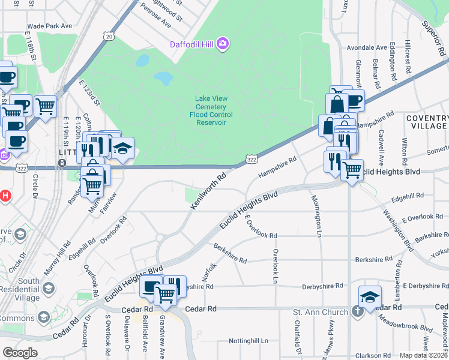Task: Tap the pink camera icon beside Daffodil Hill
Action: point(223,43)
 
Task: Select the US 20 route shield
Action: point(108,37)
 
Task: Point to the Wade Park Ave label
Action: point(49,26)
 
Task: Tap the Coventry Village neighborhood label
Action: point(426,122)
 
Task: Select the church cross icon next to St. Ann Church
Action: point(357,311)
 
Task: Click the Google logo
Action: point(20,353)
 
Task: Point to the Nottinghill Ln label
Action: point(248,341)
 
